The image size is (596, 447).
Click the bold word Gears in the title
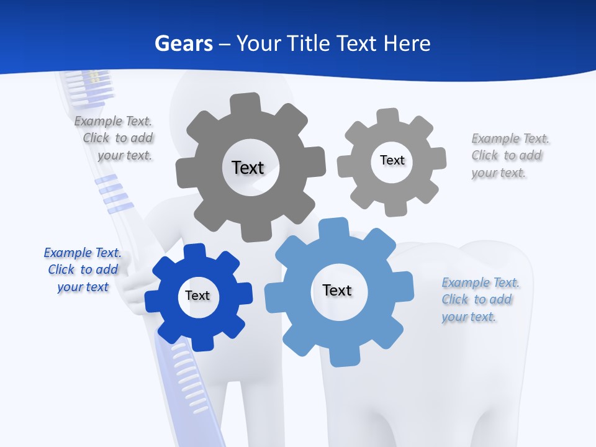point(183,43)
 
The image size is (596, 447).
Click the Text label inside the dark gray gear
point(248,168)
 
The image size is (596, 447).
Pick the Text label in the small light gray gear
point(392,160)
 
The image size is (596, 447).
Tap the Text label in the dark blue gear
point(197,296)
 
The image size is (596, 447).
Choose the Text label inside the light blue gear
point(337,290)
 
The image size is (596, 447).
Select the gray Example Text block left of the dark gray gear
point(115,138)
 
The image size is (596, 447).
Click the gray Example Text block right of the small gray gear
point(509,155)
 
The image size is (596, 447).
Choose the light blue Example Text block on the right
point(480,299)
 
